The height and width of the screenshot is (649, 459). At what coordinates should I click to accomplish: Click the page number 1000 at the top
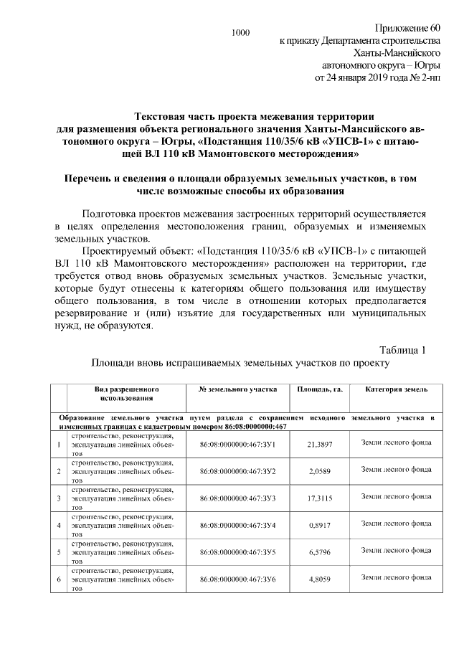pos(241,32)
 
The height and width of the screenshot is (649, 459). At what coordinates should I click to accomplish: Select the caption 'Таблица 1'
pos(402,350)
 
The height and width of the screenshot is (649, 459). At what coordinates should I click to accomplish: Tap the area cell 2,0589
pos(320,471)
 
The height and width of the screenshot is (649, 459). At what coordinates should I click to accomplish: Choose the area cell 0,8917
pos(320,526)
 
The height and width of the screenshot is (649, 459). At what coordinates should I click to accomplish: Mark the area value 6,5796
pos(320,552)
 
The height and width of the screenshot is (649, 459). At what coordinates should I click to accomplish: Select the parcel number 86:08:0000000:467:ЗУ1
pos(238,445)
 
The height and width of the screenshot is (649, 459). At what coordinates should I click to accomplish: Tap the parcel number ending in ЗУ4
pos(238,526)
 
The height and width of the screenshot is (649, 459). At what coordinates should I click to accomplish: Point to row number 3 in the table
pos(58,498)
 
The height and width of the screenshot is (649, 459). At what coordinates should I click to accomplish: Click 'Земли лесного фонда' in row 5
pos(396,550)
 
